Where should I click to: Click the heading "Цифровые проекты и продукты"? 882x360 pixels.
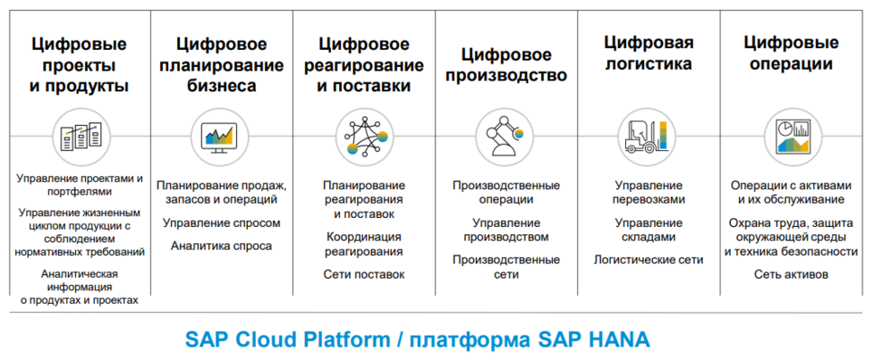pyautogui.click(x=80, y=65)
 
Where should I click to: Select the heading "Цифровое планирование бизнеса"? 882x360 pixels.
pyautogui.click(x=222, y=65)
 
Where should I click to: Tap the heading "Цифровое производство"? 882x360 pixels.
pyautogui.click(x=507, y=65)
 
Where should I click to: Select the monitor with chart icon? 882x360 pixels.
pyautogui.click(x=219, y=136)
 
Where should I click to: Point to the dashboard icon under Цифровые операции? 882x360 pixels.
pyautogui.click(x=792, y=136)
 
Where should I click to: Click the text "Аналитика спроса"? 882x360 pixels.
pyautogui.click(x=222, y=246)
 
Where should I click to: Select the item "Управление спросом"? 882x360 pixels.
pyautogui.click(x=222, y=223)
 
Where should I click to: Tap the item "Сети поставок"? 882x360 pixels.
pyautogui.click(x=364, y=275)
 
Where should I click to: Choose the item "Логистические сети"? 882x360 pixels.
pyautogui.click(x=649, y=260)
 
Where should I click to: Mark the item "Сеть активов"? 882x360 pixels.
pyautogui.click(x=791, y=275)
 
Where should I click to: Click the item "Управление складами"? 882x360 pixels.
pyautogui.click(x=649, y=230)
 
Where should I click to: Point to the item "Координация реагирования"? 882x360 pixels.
pyautogui.click(x=364, y=244)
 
